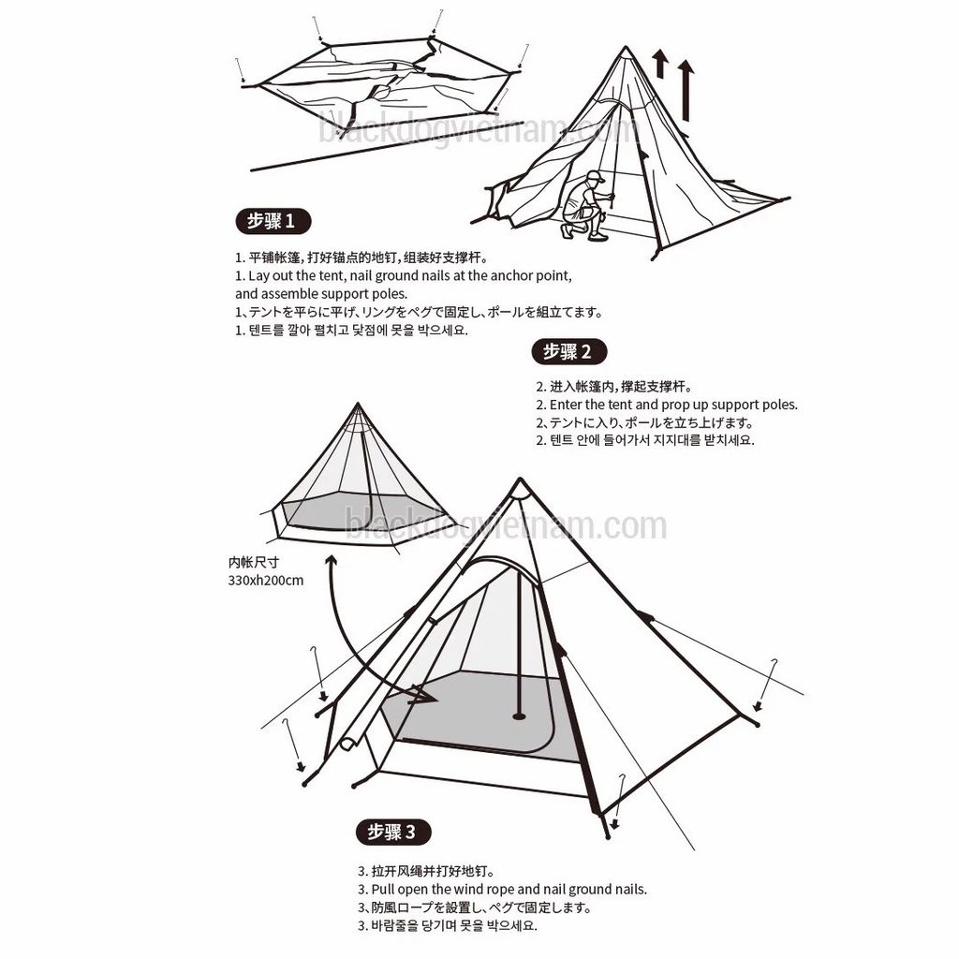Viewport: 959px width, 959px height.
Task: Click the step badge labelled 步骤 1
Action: [272, 222]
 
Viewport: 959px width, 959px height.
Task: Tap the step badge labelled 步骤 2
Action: [568, 352]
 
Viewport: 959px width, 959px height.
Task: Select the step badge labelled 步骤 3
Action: [393, 832]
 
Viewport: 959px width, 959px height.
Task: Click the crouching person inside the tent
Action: [584, 207]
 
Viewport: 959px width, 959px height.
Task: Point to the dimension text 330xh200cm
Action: [266, 580]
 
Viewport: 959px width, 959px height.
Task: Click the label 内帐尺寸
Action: [254, 563]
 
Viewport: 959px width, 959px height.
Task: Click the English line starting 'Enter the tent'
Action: [666, 405]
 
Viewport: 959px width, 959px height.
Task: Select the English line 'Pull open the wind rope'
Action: [502, 889]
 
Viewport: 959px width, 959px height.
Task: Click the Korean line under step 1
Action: [351, 330]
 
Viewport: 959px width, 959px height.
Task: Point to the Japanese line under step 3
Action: [475, 907]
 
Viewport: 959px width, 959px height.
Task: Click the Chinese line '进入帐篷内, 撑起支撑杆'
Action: [619, 387]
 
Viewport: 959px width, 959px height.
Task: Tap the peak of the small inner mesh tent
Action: [358, 405]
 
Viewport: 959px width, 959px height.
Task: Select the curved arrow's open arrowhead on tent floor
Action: [427, 696]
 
